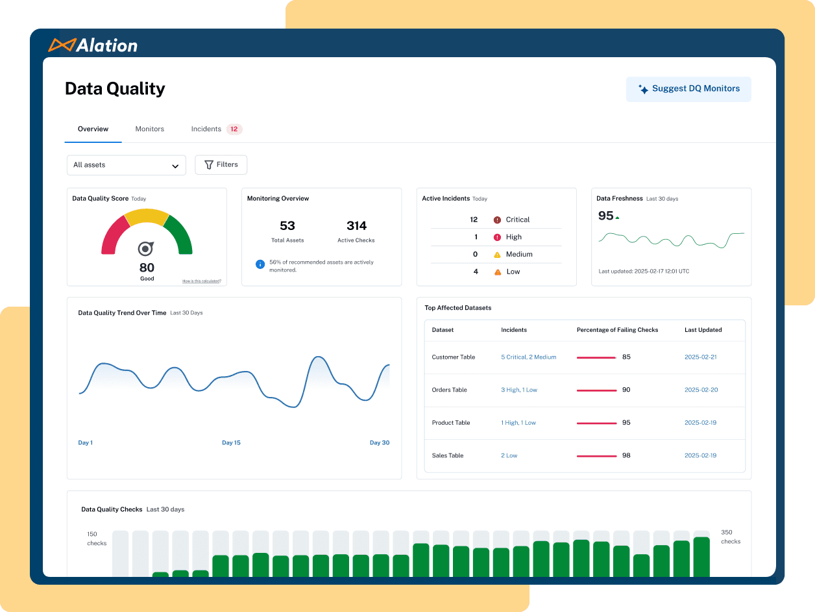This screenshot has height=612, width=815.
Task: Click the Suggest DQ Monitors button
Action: click(x=688, y=89)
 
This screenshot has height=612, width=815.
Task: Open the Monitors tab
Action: click(x=149, y=129)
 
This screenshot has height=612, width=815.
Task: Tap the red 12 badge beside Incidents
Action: click(x=234, y=129)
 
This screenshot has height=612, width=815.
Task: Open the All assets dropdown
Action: click(x=126, y=165)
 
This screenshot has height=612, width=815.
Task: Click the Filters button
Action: click(x=221, y=165)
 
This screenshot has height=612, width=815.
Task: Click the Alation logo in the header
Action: click(x=93, y=45)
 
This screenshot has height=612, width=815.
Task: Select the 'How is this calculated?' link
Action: click(x=201, y=281)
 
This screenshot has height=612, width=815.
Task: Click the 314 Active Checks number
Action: click(x=356, y=226)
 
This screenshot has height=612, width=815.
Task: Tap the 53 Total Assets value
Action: click(x=287, y=226)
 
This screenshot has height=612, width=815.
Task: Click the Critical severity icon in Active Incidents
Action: click(x=497, y=220)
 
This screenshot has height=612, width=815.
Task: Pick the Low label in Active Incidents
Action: click(x=513, y=272)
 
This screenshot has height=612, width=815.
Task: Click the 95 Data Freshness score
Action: click(x=605, y=216)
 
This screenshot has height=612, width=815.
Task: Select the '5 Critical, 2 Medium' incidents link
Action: click(x=528, y=357)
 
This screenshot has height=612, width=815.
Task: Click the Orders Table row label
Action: click(x=449, y=390)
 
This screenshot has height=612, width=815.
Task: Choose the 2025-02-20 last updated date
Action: click(x=700, y=390)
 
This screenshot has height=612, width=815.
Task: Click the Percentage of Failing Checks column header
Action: click(x=617, y=330)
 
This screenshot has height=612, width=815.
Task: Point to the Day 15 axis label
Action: click(x=231, y=443)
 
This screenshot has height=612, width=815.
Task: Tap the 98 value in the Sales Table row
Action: click(x=626, y=455)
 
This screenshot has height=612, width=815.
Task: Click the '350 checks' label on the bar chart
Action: click(x=730, y=537)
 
